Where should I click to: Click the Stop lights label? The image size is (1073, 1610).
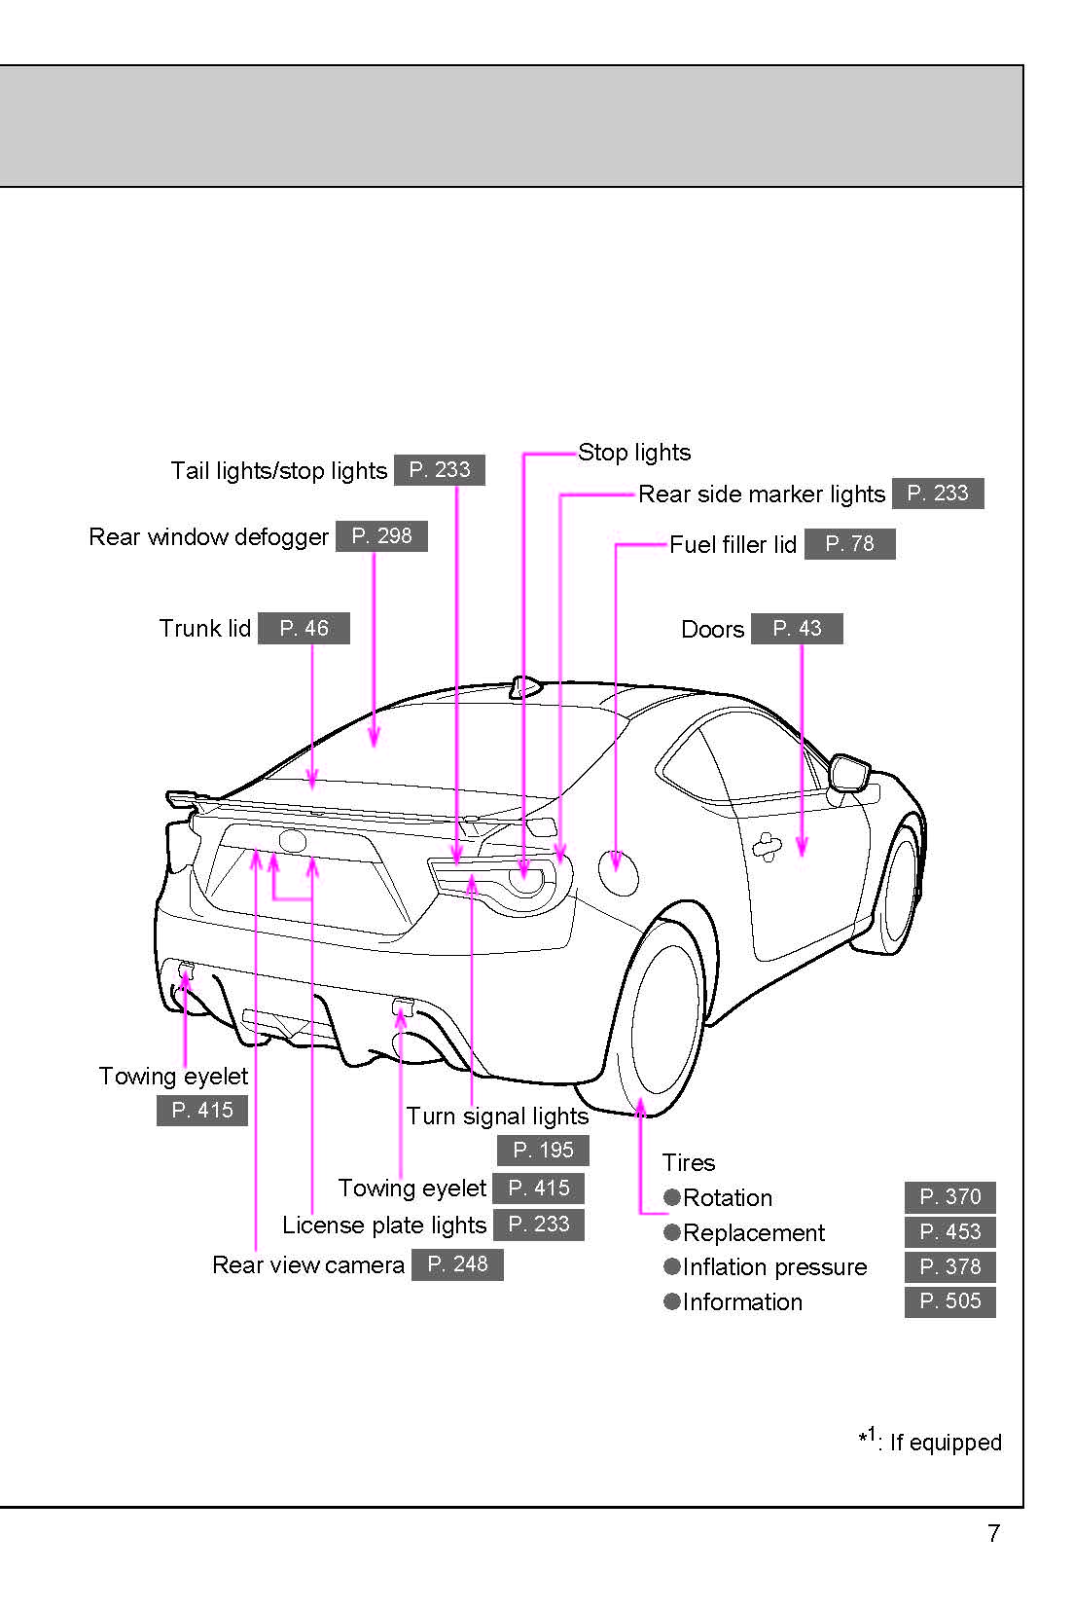(x=634, y=453)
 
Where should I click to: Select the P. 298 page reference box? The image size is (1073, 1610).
(x=381, y=536)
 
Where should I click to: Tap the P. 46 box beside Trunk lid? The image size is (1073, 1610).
(x=304, y=629)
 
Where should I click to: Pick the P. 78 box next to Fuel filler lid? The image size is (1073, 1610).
(x=849, y=544)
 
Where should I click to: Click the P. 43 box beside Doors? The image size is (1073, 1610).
(x=797, y=629)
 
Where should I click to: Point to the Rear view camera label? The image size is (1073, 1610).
(x=307, y=1264)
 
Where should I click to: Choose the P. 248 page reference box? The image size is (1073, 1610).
(x=457, y=1264)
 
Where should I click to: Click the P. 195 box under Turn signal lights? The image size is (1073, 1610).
(x=543, y=1151)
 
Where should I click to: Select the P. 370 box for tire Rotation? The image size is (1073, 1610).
(x=949, y=1197)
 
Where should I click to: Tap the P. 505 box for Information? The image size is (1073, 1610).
(x=949, y=1301)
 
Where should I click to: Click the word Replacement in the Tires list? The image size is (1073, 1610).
(x=753, y=1233)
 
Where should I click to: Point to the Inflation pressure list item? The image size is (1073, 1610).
(x=774, y=1267)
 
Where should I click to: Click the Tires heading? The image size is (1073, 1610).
(x=688, y=1163)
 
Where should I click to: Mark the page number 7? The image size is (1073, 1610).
(x=993, y=1534)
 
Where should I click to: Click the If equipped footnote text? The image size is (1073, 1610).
(x=945, y=1443)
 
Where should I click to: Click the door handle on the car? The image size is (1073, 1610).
(x=767, y=846)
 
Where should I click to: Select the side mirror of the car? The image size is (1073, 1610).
(x=849, y=772)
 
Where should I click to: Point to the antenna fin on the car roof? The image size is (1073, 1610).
(x=525, y=687)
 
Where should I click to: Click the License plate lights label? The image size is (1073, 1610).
(x=383, y=1226)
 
